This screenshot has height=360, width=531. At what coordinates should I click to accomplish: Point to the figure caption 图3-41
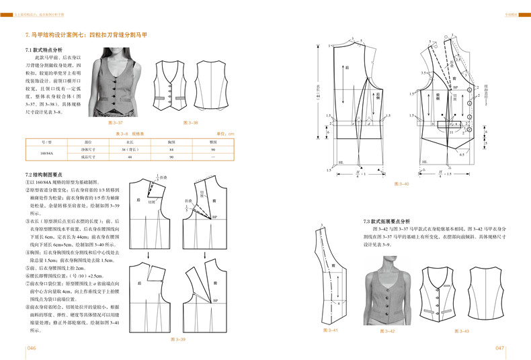pos(330,330)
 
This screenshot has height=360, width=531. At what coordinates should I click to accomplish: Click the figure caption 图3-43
pos(462,330)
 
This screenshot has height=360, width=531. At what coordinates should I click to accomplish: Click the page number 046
pos(31,349)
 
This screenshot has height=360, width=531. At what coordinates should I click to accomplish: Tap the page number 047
pos(499,349)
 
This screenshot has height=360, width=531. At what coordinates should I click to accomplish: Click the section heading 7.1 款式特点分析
pos(44,50)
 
